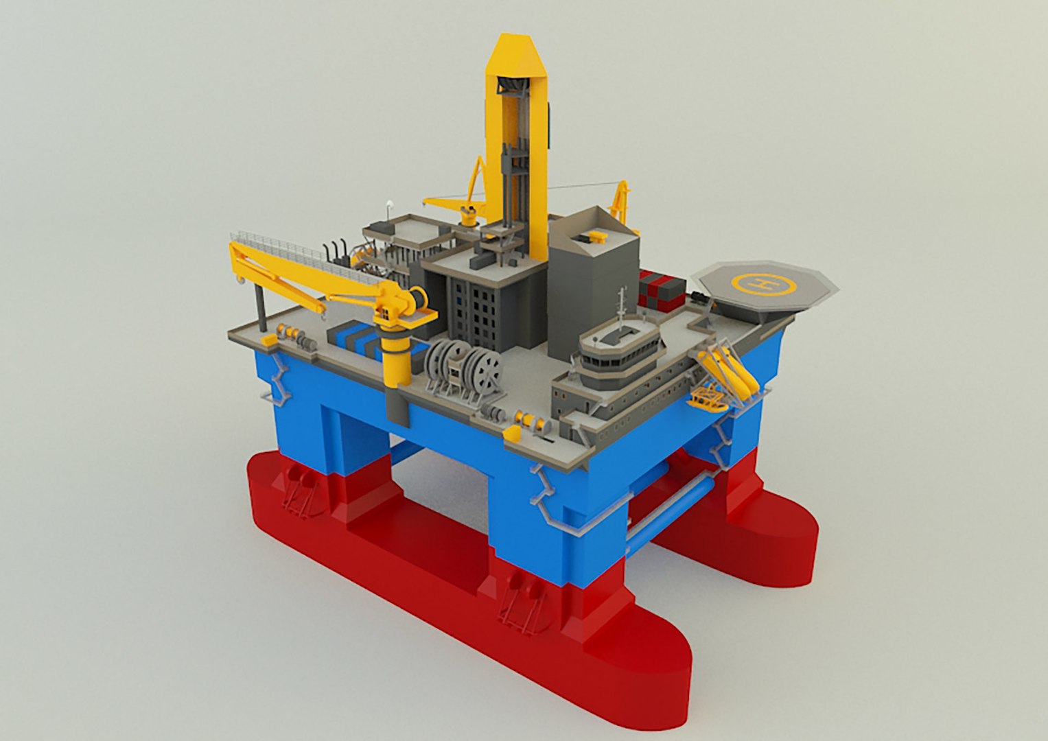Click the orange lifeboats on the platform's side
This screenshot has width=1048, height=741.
[x=727, y=370]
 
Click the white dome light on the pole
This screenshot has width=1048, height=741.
[x=390, y=204]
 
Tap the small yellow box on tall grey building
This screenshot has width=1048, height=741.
[x=595, y=237]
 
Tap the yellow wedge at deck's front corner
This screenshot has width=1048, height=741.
[x=512, y=434]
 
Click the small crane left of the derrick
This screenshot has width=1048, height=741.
[x=467, y=199]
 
